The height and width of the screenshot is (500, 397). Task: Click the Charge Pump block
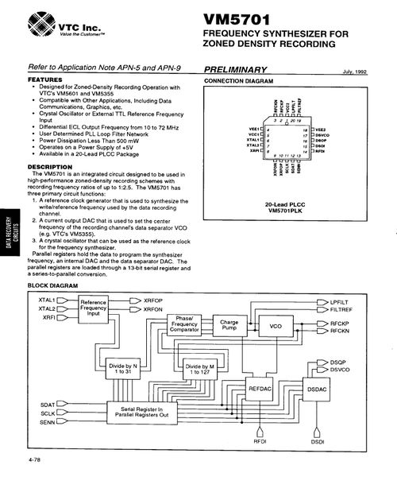[229, 326]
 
